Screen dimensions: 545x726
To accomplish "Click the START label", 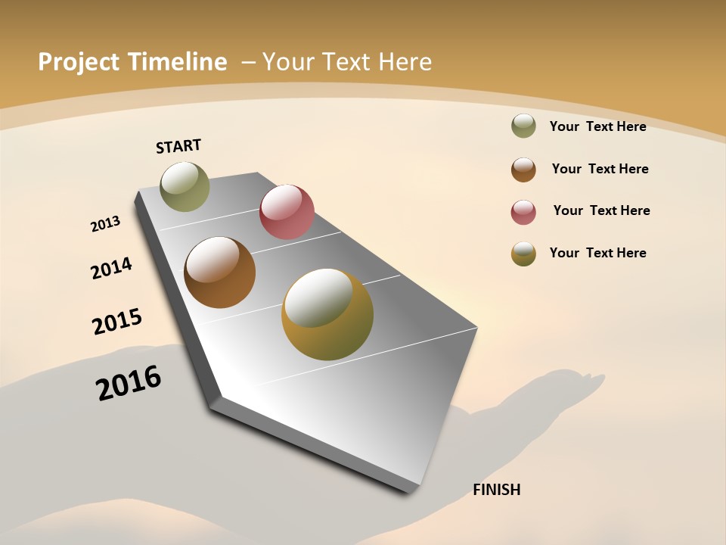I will tap(178, 146).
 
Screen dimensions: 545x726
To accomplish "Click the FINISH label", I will tap(496, 490).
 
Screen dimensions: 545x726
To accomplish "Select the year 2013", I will tap(105, 224).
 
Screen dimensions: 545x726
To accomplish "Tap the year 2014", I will tap(111, 268).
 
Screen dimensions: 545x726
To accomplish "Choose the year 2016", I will tap(129, 382).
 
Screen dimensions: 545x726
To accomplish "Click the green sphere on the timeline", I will tap(185, 186).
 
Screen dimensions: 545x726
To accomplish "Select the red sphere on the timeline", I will tap(287, 212).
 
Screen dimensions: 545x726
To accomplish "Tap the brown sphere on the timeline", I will tap(219, 272).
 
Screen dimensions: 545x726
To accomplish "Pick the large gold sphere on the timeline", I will tap(327, 314).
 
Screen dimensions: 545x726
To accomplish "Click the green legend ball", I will tap(523, 126).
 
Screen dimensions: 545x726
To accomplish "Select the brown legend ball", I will tap(523, 170).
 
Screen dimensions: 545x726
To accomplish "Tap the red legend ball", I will tap(523, 212).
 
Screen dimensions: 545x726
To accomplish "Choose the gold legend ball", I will tap(523, 254).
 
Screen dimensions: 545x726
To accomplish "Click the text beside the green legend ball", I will tap(597, 126).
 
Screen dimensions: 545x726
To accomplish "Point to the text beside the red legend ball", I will tap(601, 210).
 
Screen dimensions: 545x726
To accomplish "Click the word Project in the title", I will tap(79, 62).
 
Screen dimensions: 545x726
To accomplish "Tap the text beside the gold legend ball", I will tap(597, 253).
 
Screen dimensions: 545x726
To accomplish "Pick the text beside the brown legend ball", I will tap(600, 169).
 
